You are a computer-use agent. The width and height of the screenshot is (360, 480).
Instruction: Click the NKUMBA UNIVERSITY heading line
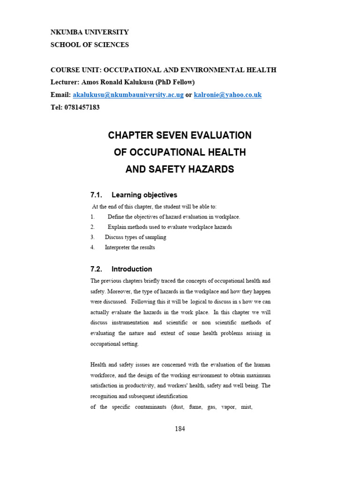coord(90,32)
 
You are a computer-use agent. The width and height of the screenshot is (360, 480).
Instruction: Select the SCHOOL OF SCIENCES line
coord(90,45)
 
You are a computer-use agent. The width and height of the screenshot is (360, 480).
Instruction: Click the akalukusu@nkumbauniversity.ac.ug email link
coord(128,95)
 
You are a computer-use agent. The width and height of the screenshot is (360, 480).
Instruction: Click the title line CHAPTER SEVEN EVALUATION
coord(180,135)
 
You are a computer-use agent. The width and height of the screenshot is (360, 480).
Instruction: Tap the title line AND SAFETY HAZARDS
coord(180,169)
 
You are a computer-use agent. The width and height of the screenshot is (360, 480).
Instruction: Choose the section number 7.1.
coord(96,195)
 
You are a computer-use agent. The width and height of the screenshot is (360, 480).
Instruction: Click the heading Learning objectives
coord(144,195)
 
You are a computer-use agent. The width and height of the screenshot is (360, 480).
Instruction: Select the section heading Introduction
coord(132,269)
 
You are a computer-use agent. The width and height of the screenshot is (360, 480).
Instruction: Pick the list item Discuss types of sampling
coord(135,237)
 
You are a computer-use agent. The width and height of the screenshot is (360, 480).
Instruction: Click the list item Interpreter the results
coord(130,247)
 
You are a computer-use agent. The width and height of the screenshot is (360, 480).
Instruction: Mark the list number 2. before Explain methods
coord(93,227)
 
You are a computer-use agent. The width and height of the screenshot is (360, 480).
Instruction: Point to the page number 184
coord(180,429)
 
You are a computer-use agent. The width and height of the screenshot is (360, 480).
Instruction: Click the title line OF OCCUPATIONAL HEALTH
coord(180,152)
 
